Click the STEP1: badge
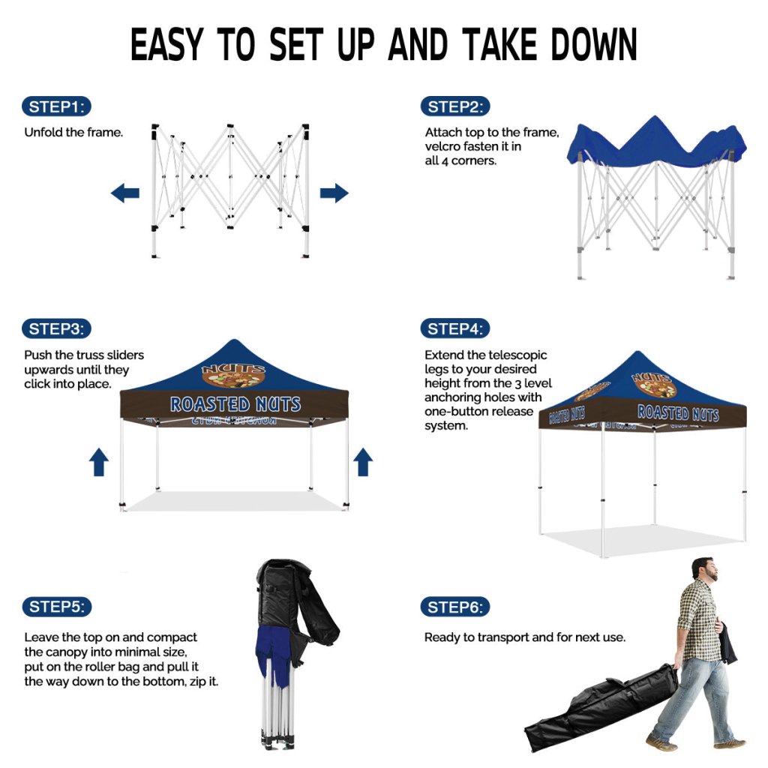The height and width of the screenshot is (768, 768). click(56, 106)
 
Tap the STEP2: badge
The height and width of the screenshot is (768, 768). click(455, 106)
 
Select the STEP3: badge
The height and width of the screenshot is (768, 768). click(56, 328)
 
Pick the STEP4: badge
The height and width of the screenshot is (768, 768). click(455, 328)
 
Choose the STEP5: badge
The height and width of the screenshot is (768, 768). click(57, 607)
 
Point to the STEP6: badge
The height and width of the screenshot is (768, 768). click(455, 607)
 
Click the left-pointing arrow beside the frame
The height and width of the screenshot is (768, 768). click(125, 193)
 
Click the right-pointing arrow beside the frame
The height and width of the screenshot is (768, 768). click(334, 193)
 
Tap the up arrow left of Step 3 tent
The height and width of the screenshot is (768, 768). click(99, 462)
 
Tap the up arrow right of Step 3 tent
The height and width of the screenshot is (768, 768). click(363, 462)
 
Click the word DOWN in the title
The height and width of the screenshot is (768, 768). click(594, 44)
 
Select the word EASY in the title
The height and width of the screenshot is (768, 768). click(166, 44)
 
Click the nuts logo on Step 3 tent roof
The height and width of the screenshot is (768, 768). click(234, 375)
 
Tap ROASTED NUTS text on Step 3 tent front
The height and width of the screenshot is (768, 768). click(235, 404)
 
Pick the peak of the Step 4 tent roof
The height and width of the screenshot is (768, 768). click(637, 352)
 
